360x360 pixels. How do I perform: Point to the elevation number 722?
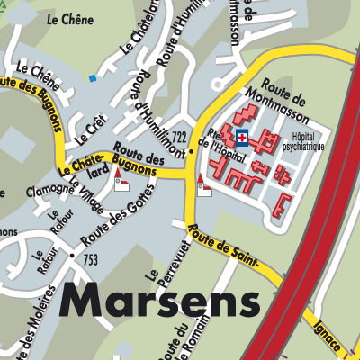pos(180,137)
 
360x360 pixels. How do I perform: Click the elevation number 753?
pos(90,260)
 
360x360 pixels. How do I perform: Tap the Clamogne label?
pos(49,192)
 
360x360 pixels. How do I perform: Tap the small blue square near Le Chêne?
pos(92,78)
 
